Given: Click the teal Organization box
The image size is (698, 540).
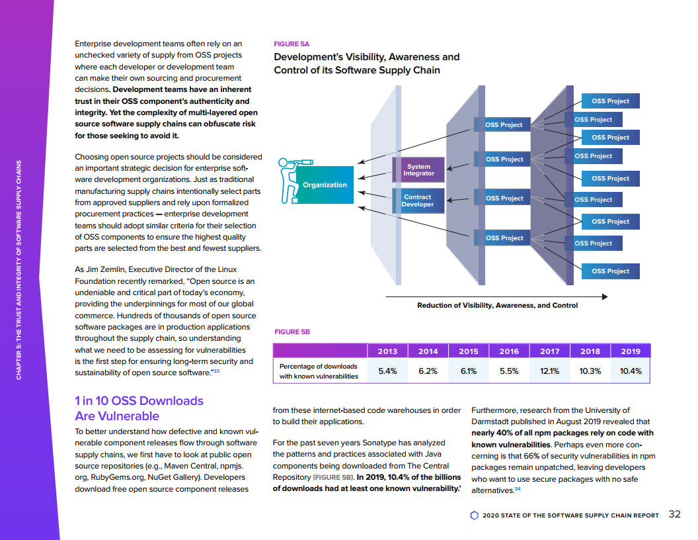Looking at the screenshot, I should pos(325,185).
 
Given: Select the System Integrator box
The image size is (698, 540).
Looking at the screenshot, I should pos(418,170).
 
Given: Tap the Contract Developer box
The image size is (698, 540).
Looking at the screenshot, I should pos(418,201).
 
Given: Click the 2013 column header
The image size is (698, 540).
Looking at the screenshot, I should pos(387,351).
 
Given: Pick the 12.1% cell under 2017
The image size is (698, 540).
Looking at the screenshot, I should pos(549,371).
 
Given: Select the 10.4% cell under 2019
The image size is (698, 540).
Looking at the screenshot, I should pos(631,371).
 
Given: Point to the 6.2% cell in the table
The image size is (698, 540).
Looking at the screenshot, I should pos(428,371).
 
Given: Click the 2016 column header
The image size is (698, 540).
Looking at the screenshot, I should pos(509,351).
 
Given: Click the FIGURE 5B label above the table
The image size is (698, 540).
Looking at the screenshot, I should pos(291,332).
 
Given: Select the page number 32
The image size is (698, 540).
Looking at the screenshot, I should pos(674,514).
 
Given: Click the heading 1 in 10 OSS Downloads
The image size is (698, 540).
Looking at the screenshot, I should pos(139,401).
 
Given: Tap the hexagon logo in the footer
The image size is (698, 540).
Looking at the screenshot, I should pos(474,515).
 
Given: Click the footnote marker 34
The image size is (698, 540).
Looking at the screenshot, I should pos(518,489).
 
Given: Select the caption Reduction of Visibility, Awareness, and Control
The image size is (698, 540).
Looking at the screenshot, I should pos(497,306).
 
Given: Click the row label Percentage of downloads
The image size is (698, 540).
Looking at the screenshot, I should pos(318,367).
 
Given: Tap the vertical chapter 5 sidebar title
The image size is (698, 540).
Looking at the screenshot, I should pos(19,270).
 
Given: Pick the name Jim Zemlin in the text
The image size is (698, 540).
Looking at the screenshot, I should pos(102,269).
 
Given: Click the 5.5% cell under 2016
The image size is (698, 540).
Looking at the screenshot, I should pos(509,371).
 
